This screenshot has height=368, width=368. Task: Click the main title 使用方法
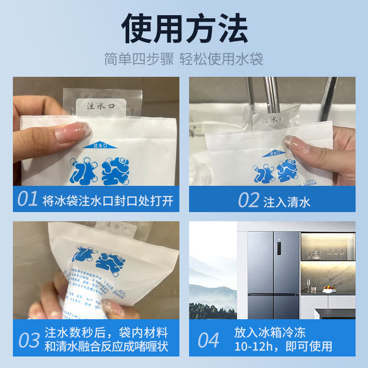184,29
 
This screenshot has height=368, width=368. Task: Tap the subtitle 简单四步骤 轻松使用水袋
184,60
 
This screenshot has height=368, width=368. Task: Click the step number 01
28,200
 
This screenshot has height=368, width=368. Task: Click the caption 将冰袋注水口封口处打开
107,201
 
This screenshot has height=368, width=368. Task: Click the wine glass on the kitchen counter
308,282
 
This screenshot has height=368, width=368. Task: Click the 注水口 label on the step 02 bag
271,120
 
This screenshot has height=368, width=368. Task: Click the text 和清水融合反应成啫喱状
106,347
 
